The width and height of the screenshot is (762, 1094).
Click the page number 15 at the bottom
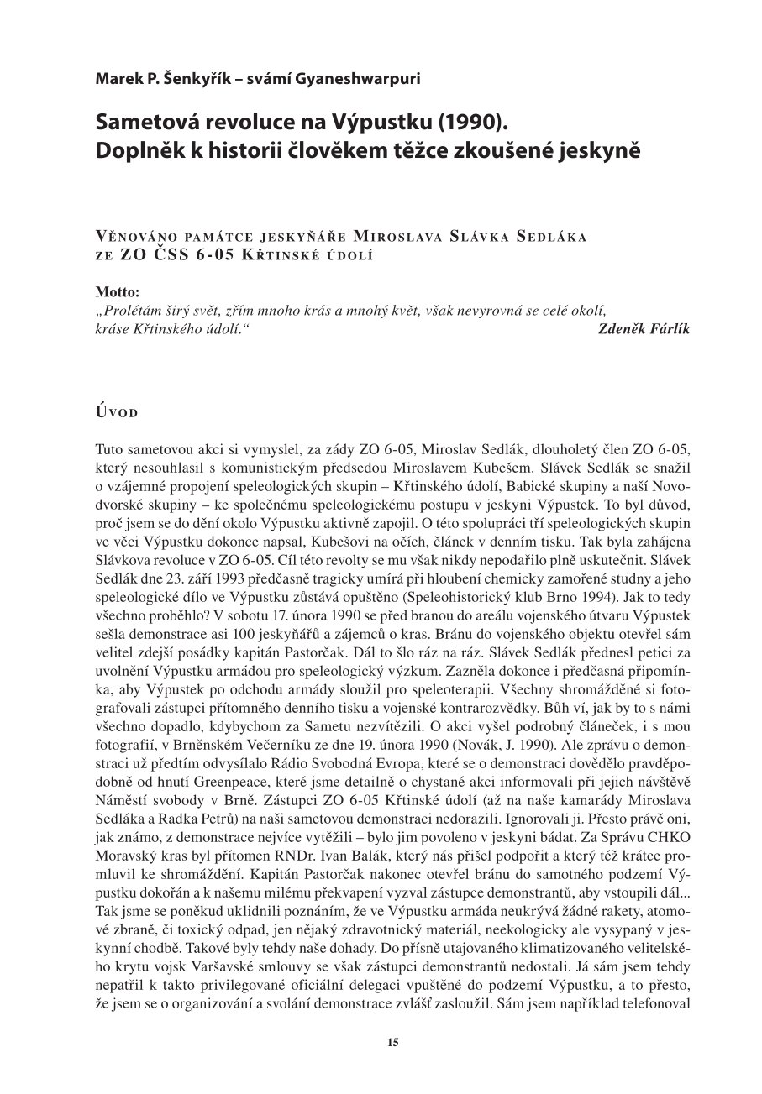(392, 1042)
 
